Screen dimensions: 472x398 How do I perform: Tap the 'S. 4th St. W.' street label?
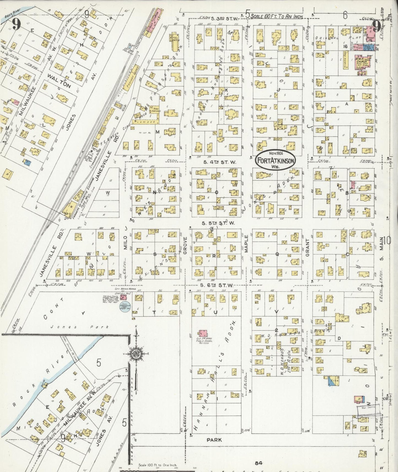coord(220,162)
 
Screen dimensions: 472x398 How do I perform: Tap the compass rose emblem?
coord(136,354)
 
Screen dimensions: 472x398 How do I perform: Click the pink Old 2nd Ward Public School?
coord(204,333)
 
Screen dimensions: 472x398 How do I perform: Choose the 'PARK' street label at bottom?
coord(214,440)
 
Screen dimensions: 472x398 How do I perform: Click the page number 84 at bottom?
coord(258,463)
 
